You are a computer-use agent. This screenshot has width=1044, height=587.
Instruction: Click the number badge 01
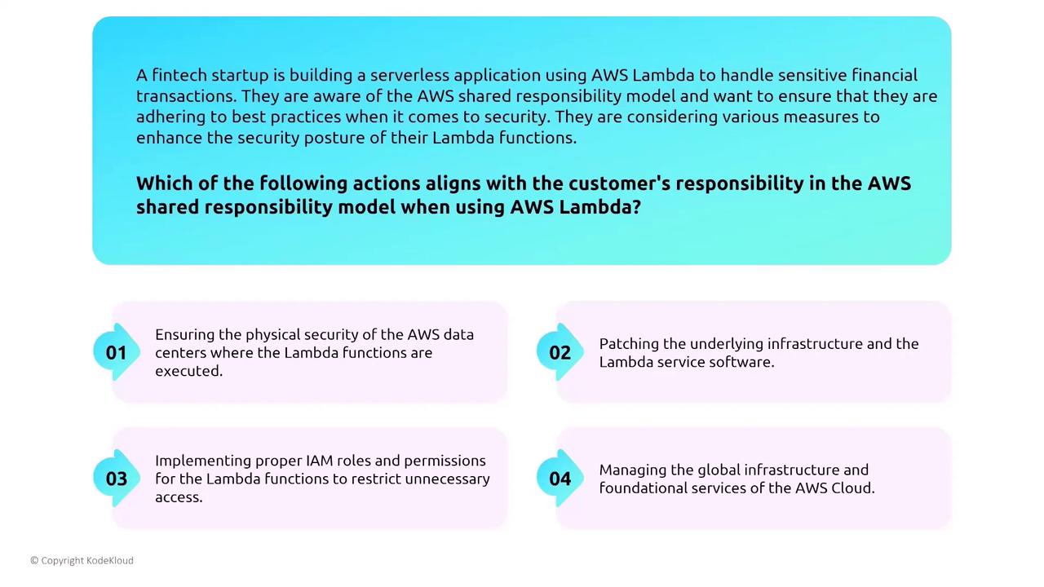pyautogui.click(x=117, y=352)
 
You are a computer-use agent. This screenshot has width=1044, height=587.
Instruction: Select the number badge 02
pyautogui.click(x=560, y=352)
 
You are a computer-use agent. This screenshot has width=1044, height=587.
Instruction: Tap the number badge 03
pyautogui.click(x=117, y=479)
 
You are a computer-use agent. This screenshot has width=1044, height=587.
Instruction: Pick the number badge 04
pyautogui.click(x=560, y=479)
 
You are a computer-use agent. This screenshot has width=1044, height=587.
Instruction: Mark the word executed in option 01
pyautogui.click(x=188, y=371)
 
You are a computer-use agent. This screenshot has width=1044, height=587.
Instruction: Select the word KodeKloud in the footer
pyautogui.click(x=110, y=560)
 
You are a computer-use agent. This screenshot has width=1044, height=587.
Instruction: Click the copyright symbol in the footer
pyautogui.click(x=34, y=560)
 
